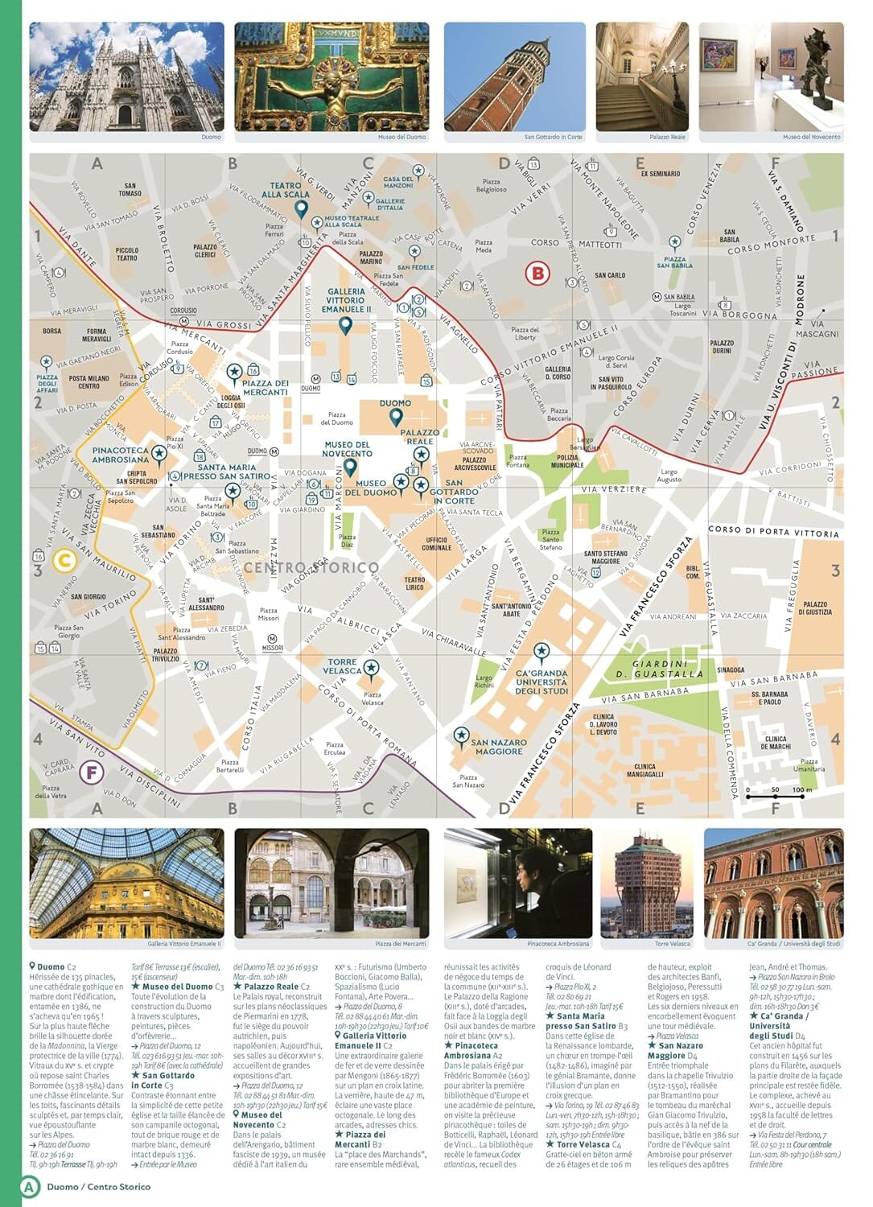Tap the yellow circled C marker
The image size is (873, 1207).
64,560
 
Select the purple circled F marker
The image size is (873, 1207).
92,773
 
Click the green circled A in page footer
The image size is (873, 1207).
30,1186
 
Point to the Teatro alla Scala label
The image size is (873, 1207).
285,190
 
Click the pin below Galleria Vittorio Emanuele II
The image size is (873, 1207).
345,326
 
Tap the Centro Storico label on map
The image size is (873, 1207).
311,568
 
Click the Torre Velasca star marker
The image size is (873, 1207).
370,667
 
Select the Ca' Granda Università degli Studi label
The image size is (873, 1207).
541,682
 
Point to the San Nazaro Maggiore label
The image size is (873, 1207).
499,748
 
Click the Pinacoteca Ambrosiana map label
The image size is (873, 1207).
121,455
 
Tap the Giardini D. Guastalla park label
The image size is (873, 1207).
659,669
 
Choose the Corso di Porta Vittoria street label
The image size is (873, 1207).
772,532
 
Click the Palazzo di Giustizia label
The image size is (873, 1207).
814,608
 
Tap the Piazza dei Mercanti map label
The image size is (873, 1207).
265,388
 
